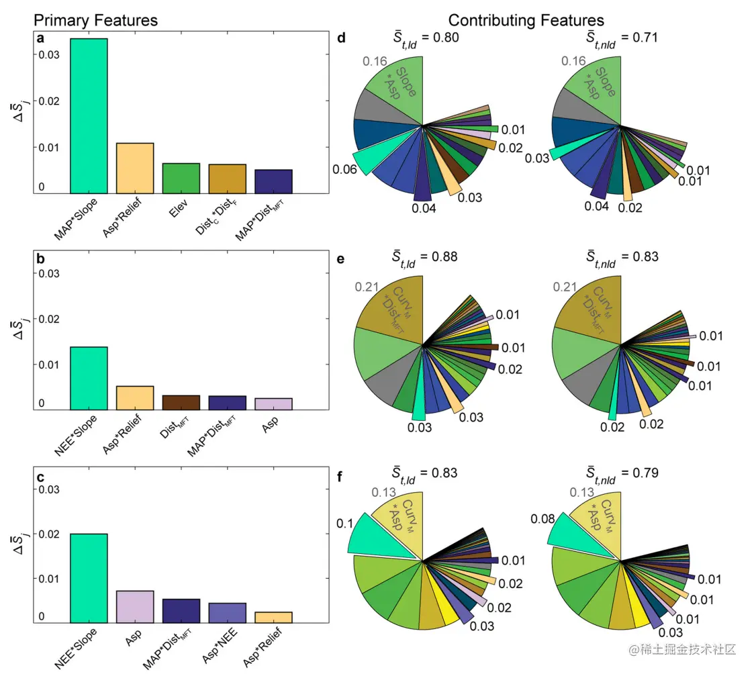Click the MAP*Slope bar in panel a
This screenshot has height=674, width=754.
tap(89, 116)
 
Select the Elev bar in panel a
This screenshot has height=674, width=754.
tap(181, 179)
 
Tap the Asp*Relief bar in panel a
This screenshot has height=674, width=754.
tap(135, 168)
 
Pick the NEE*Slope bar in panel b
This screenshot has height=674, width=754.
tap(89, 378)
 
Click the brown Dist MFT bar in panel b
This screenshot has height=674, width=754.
tap(181, 402)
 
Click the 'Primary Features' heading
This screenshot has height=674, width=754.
tap(95, 21)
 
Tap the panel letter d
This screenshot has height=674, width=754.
tap(341, 39)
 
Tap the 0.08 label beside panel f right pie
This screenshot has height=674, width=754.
tap(543, 519)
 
